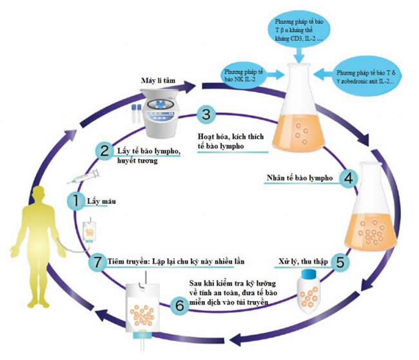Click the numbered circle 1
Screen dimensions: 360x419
coord(76,201)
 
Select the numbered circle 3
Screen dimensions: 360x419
coord(204,114)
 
